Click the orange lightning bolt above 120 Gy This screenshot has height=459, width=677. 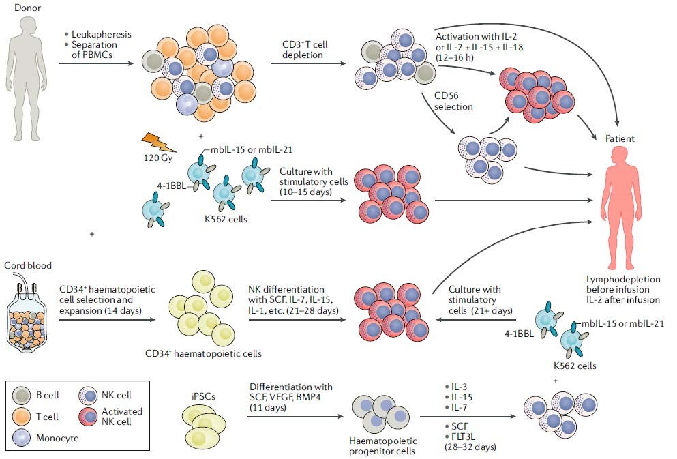[159, 142]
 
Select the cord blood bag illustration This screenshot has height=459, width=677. [27, 312]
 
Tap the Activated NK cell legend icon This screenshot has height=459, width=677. [88, 416]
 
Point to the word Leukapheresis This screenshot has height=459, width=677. [101, 34]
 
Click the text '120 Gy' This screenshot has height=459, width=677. [157, 158]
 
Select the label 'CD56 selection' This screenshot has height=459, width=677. [453, 101]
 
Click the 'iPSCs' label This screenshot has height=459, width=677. [203, 396]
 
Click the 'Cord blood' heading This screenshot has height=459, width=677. [28, 265]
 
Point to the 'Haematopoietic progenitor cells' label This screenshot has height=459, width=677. [382, 446]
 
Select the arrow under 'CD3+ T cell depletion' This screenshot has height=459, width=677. [308, 63]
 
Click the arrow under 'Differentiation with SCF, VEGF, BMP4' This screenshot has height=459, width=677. [295, 417]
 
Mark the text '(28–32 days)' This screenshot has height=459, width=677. [470, 447]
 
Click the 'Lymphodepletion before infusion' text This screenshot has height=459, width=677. [622, 284]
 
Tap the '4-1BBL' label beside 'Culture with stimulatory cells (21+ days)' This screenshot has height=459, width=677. [520, 334]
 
